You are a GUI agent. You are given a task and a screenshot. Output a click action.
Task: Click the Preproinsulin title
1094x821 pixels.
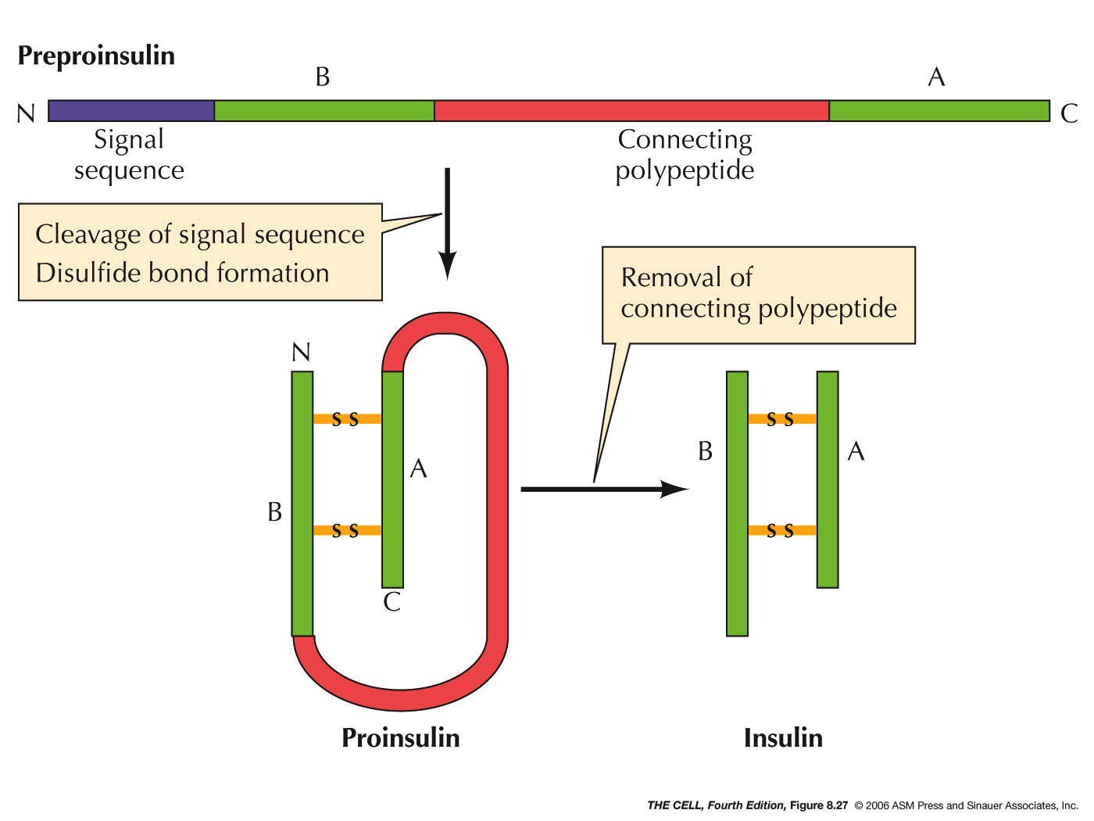[96, 56]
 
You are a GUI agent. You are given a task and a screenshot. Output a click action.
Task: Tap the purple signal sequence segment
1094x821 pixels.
[131, 111]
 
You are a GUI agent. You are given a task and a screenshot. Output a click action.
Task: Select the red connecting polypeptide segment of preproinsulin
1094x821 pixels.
[631, 111]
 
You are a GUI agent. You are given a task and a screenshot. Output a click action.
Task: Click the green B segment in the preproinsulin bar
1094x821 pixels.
[324, 111]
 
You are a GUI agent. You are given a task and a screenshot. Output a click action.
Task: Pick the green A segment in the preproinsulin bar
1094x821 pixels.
[938, 111]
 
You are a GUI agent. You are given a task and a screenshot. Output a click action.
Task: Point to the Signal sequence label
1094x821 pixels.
[129, 155]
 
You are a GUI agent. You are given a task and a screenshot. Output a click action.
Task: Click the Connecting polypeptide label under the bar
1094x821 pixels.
[685, 155]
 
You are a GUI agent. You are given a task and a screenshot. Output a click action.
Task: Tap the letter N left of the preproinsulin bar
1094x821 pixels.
[26, 114]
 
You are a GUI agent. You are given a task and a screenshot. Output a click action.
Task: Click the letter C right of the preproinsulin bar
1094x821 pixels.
[1069, 114]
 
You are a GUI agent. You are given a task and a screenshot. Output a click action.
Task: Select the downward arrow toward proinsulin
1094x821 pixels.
[447, 223]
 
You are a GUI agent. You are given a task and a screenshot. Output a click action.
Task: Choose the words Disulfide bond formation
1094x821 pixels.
[183, 273]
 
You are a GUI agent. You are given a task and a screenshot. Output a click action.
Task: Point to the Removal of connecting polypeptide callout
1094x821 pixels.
[758, 294]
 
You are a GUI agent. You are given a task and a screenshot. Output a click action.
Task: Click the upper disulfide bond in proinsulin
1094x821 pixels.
[347, 419]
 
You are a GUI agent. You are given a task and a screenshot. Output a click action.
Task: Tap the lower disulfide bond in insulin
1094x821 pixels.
[782, 531]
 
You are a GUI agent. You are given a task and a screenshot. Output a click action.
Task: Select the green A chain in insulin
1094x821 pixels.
[828, 479]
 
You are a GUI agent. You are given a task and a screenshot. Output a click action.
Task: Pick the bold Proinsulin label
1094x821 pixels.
[401, 737]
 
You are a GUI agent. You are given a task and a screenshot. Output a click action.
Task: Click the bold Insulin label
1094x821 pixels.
[783, 737]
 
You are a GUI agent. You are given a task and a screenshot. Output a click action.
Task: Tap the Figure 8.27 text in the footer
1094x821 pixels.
[818, 805]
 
